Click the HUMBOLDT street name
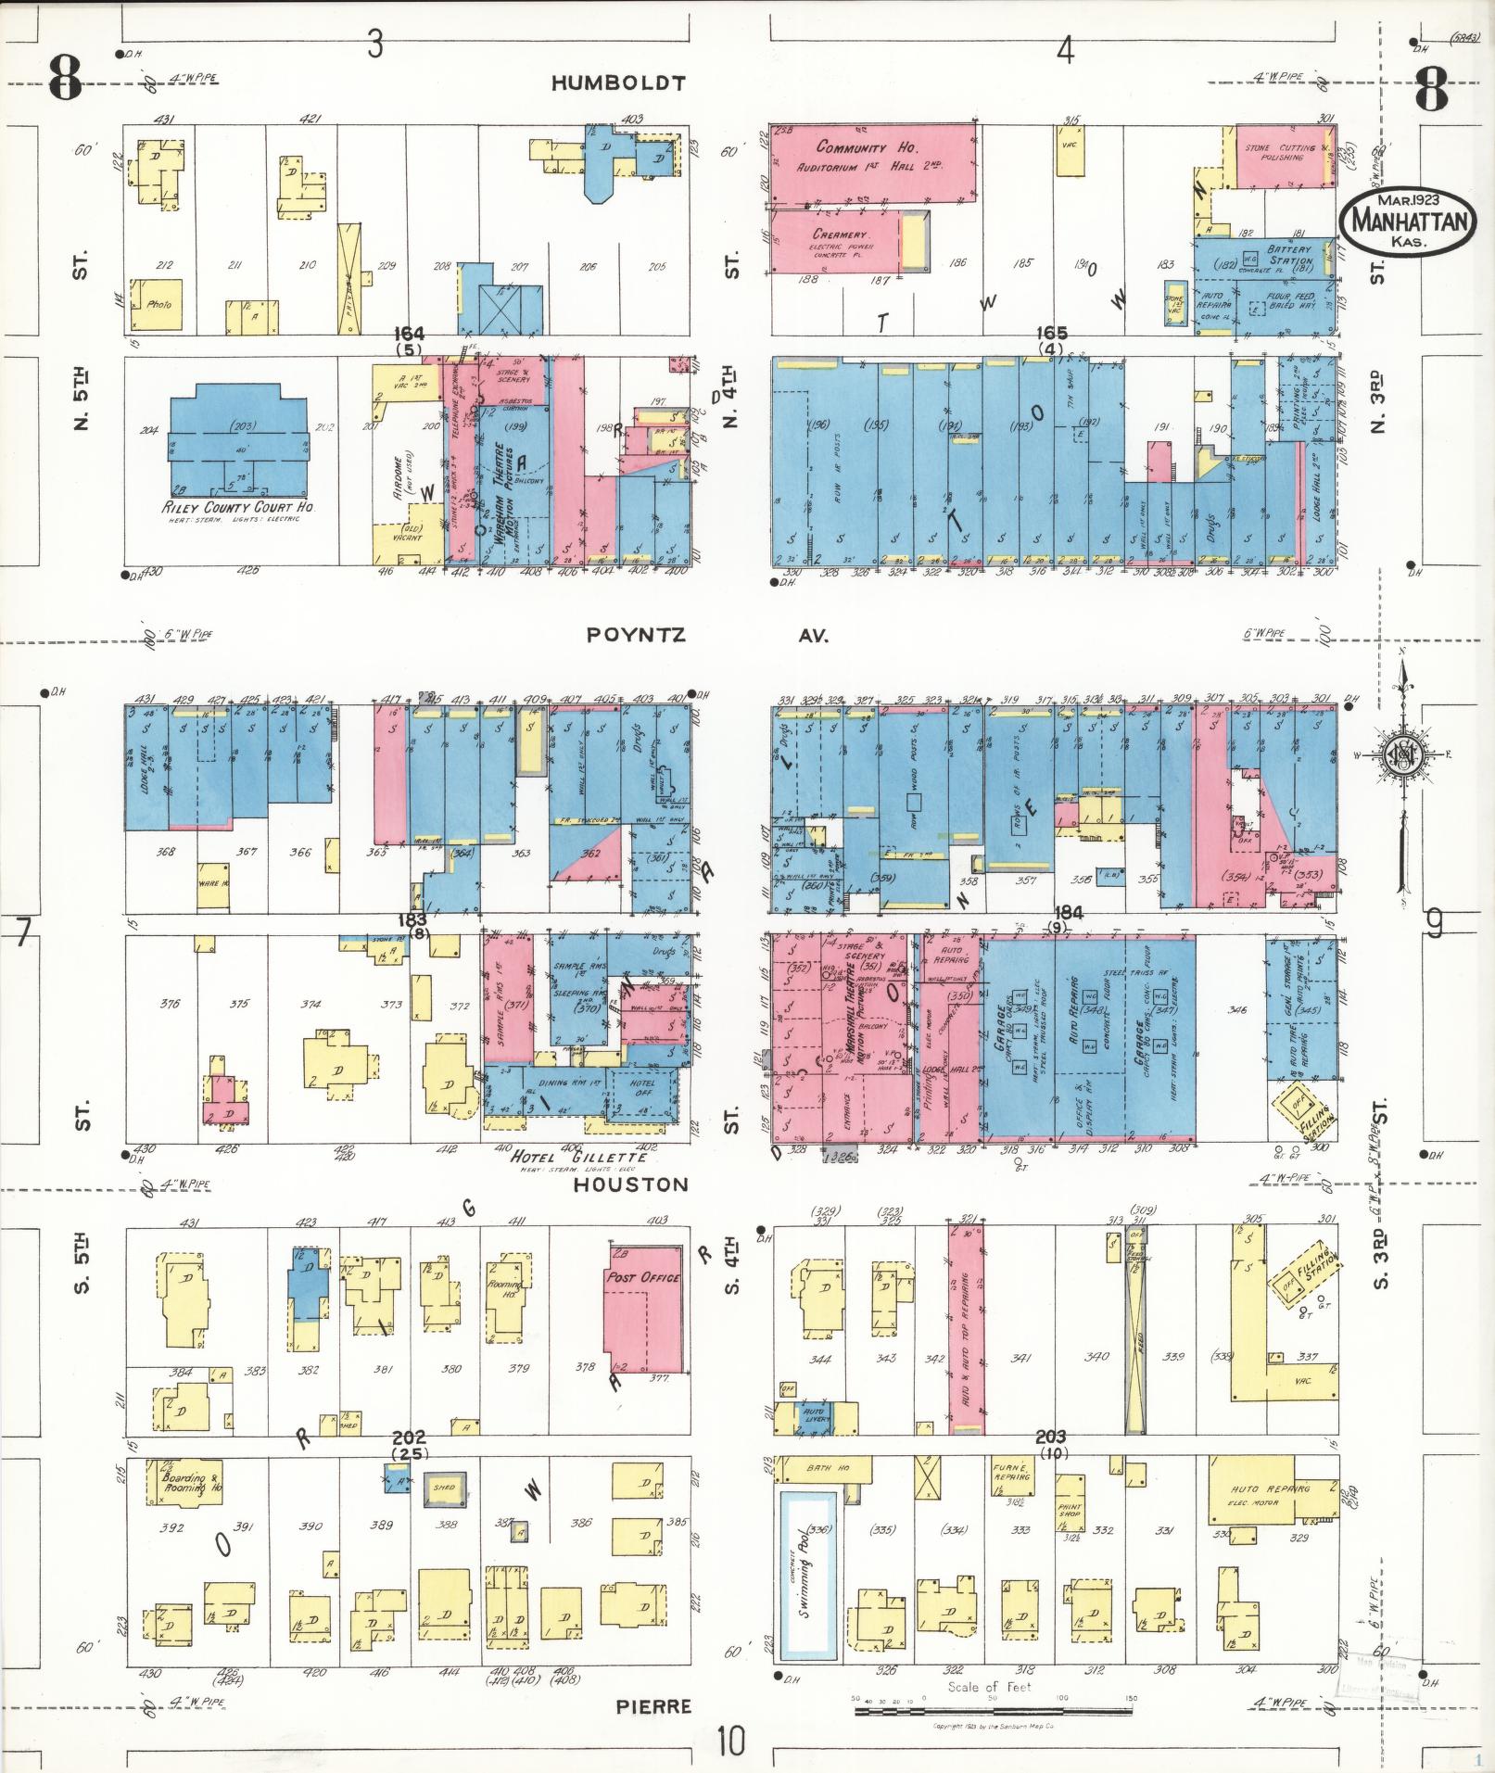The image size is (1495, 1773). (618, 83)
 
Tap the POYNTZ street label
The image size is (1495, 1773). (636, 636)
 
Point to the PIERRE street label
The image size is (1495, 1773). (653, 1706)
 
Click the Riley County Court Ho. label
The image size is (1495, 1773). (239, 508)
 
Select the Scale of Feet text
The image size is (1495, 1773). (989, 1687)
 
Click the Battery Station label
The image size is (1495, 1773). (1290, 255)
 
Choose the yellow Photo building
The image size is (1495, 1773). (156, 305)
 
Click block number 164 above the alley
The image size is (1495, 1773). (409, 334)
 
